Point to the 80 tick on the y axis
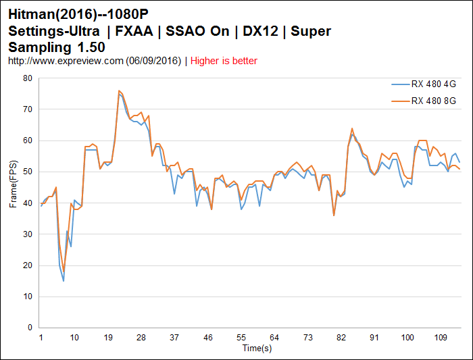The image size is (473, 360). pos(28,78)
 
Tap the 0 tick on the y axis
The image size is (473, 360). pos(30,328)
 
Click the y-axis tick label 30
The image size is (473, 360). pos(28,234)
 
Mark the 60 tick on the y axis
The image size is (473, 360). pos(28,140)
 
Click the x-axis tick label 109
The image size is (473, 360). pos(439,337)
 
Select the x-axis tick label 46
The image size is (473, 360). pos(207,337)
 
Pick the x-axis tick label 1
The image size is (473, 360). pos(41,337)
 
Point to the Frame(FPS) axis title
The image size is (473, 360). pos(13,184)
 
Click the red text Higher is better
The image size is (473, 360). pos(224,61)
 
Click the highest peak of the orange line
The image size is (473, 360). pos(119,91)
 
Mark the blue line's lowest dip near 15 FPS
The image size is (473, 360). pos(64,280)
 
